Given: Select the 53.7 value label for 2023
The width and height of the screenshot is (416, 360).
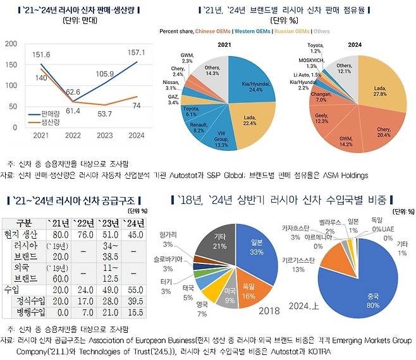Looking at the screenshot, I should [x=95, y=114].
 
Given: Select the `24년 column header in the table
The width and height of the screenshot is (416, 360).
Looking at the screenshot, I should [x=132, y=223].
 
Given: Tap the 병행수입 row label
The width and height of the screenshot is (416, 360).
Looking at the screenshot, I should [x=25, y=313].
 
